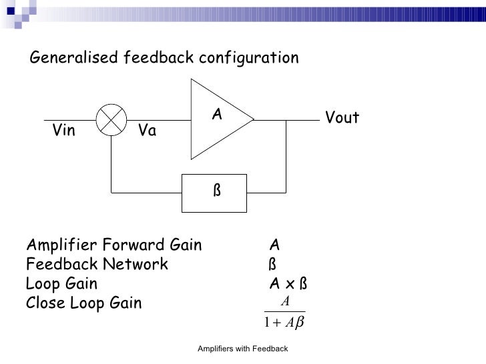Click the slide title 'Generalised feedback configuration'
click(164, 59)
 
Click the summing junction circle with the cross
click(111, 120)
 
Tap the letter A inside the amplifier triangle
click(217, 115)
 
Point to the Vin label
click(64, 131)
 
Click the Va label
click(147, 131)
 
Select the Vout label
click(342, 119)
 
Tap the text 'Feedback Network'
click(97, 265)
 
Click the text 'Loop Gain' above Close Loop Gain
click(61, 284)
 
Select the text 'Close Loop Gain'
click(83, 304)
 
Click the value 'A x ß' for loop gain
click(288, 284)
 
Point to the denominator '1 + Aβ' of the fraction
click(284, 324)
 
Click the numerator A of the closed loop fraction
click(285, 302)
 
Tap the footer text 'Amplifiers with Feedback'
click(243, 349)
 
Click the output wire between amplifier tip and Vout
click(287, 120)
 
